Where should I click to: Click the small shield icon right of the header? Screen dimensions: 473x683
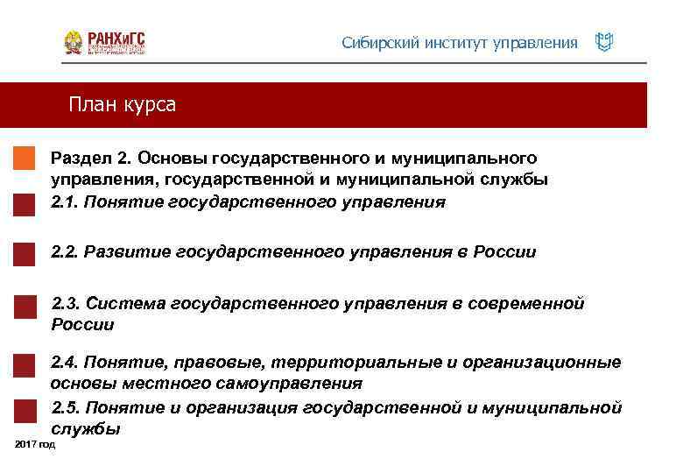(603, 42)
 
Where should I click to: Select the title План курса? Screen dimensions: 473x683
(123, 105)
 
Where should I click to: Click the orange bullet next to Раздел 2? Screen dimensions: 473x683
(25, 158)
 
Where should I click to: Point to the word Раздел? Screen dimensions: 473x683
(81, 158)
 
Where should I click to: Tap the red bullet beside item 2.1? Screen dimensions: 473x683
(25, 203)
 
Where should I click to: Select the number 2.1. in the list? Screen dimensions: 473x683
(68, 202)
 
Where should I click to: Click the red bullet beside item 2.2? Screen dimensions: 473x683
(25, 253)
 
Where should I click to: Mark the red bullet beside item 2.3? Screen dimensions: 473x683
(25, 306)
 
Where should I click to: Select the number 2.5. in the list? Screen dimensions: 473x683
(68, 408)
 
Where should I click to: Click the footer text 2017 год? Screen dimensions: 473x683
(35, 446)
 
